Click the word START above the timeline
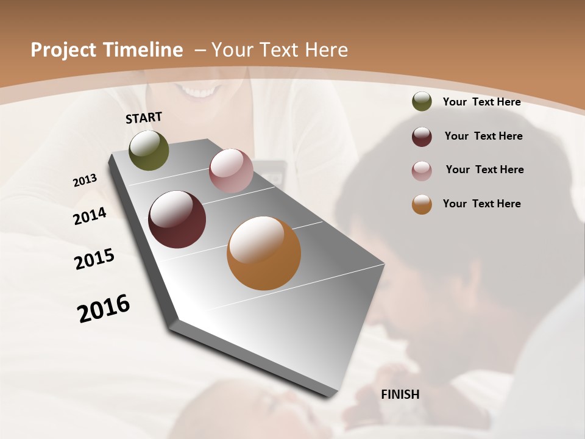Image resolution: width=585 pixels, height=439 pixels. pos(144,118)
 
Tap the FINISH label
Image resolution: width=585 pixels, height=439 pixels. pos(400,394)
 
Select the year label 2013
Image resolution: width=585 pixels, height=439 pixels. pos(85,180)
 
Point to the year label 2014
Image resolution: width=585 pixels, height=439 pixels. pos(90,216)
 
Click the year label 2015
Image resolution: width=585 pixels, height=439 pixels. pos(94,259)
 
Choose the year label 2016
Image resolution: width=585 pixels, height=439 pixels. pos(104,309)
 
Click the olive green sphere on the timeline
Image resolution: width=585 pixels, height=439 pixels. pos(149,151)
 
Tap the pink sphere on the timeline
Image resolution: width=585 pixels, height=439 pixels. pos(231,171)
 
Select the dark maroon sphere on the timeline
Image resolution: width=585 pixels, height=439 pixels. pos(177,220)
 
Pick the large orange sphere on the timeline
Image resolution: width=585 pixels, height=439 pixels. pos(264,253)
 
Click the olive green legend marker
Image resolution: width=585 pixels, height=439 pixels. pos(422,102)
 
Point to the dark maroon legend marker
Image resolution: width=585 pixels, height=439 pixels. pos(422,137)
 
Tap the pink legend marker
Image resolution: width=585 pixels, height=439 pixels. pos(422,171)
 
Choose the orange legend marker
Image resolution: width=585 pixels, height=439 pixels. pos(422,204)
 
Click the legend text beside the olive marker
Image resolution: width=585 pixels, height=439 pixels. pos(481,102)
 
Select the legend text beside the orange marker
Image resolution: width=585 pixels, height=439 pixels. pos(481,204)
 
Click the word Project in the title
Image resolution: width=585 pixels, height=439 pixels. pos(62,50)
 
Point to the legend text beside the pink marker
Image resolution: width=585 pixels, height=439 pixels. pos(484,170)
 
